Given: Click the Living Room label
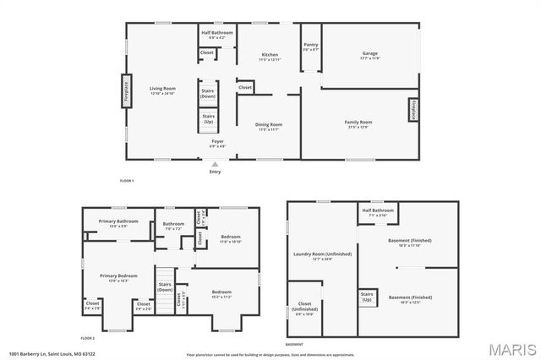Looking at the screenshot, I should [162, 90].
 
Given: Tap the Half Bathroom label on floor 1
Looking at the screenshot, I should [216, 34].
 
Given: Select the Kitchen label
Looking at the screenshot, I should [269, 56].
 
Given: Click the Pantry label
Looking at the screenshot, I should [311, 47].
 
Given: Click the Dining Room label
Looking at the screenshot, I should [269, 127].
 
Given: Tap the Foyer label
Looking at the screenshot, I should [217, 143].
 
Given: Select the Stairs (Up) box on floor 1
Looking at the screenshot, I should [208, 119].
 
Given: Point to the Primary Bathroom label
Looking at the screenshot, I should [112, 223].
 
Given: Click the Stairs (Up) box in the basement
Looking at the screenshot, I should [367, 297].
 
